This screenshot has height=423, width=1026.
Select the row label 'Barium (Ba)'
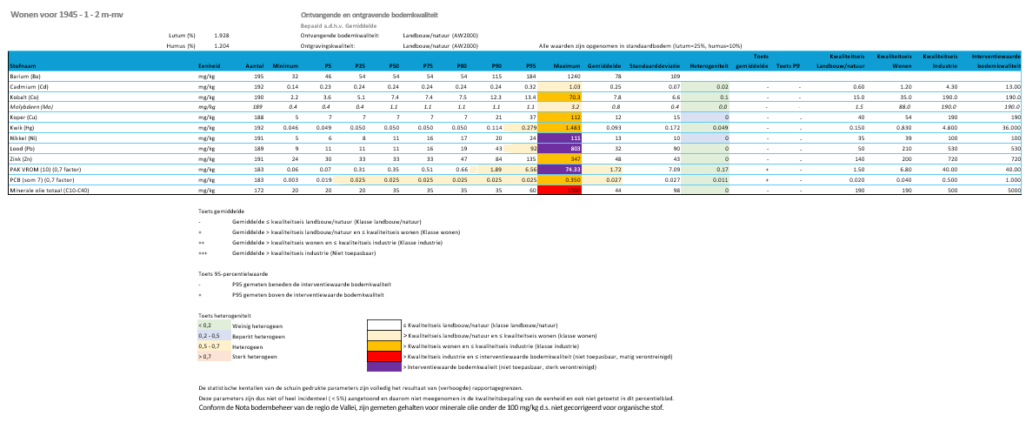[x=25, y=77]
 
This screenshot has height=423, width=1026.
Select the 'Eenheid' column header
[x=209, y=65]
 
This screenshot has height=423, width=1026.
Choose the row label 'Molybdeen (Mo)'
[x=31, y=106]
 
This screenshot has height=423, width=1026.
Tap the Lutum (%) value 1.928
[x=222, y=35]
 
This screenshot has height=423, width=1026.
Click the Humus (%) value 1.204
[x=222, y=44]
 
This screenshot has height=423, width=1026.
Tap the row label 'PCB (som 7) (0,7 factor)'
[x=43, y=178]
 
